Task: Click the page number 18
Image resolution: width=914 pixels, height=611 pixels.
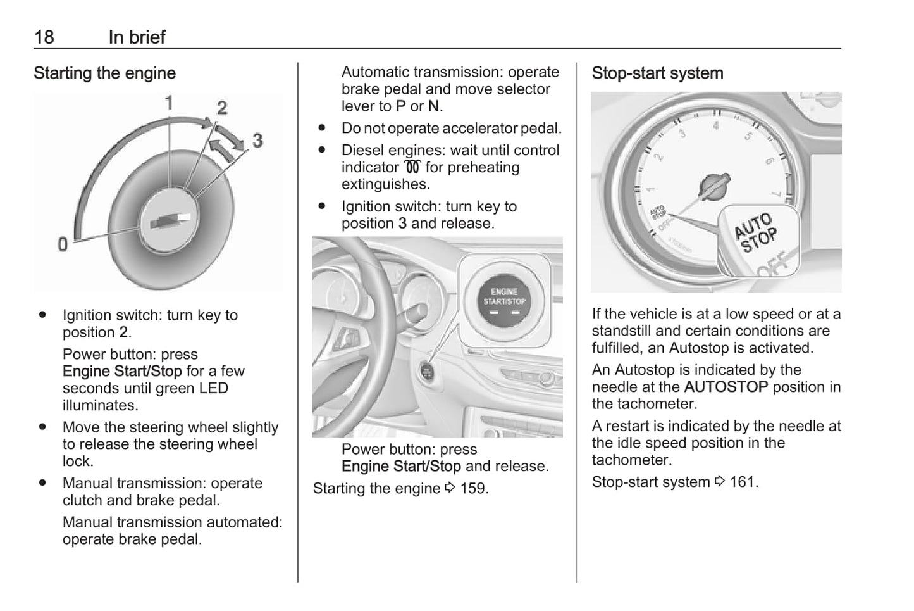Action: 44,37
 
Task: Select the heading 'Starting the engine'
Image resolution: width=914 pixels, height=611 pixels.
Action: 104,73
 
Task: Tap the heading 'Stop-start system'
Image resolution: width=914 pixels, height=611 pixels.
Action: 657,73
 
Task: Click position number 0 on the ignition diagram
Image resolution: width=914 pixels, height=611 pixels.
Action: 62,244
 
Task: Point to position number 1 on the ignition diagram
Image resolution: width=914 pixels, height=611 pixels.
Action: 169,102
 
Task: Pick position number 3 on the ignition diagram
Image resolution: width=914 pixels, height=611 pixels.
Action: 257,140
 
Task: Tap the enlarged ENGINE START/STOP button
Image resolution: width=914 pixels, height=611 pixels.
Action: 504,300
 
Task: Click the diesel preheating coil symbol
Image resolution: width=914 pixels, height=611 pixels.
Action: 412,167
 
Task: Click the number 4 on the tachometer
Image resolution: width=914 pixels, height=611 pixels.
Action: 715,126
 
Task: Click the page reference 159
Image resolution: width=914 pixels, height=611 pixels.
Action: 473,489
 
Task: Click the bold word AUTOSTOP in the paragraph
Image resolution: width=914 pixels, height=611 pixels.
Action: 726,387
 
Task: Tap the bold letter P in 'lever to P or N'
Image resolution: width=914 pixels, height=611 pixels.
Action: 401,106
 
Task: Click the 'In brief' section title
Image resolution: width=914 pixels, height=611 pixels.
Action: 137,37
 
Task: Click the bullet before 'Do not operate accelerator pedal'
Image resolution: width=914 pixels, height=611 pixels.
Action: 322,128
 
